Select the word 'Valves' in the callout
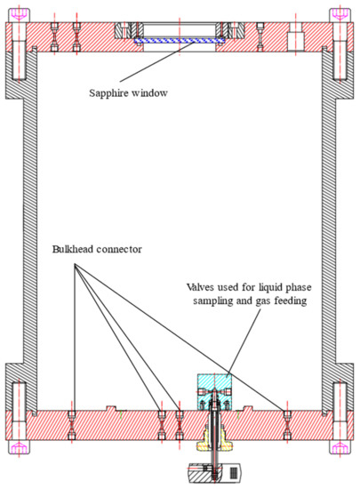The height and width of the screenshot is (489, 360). point(200,287)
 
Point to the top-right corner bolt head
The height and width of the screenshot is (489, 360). point(341,15)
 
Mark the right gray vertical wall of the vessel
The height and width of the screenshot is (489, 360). point(332,222)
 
